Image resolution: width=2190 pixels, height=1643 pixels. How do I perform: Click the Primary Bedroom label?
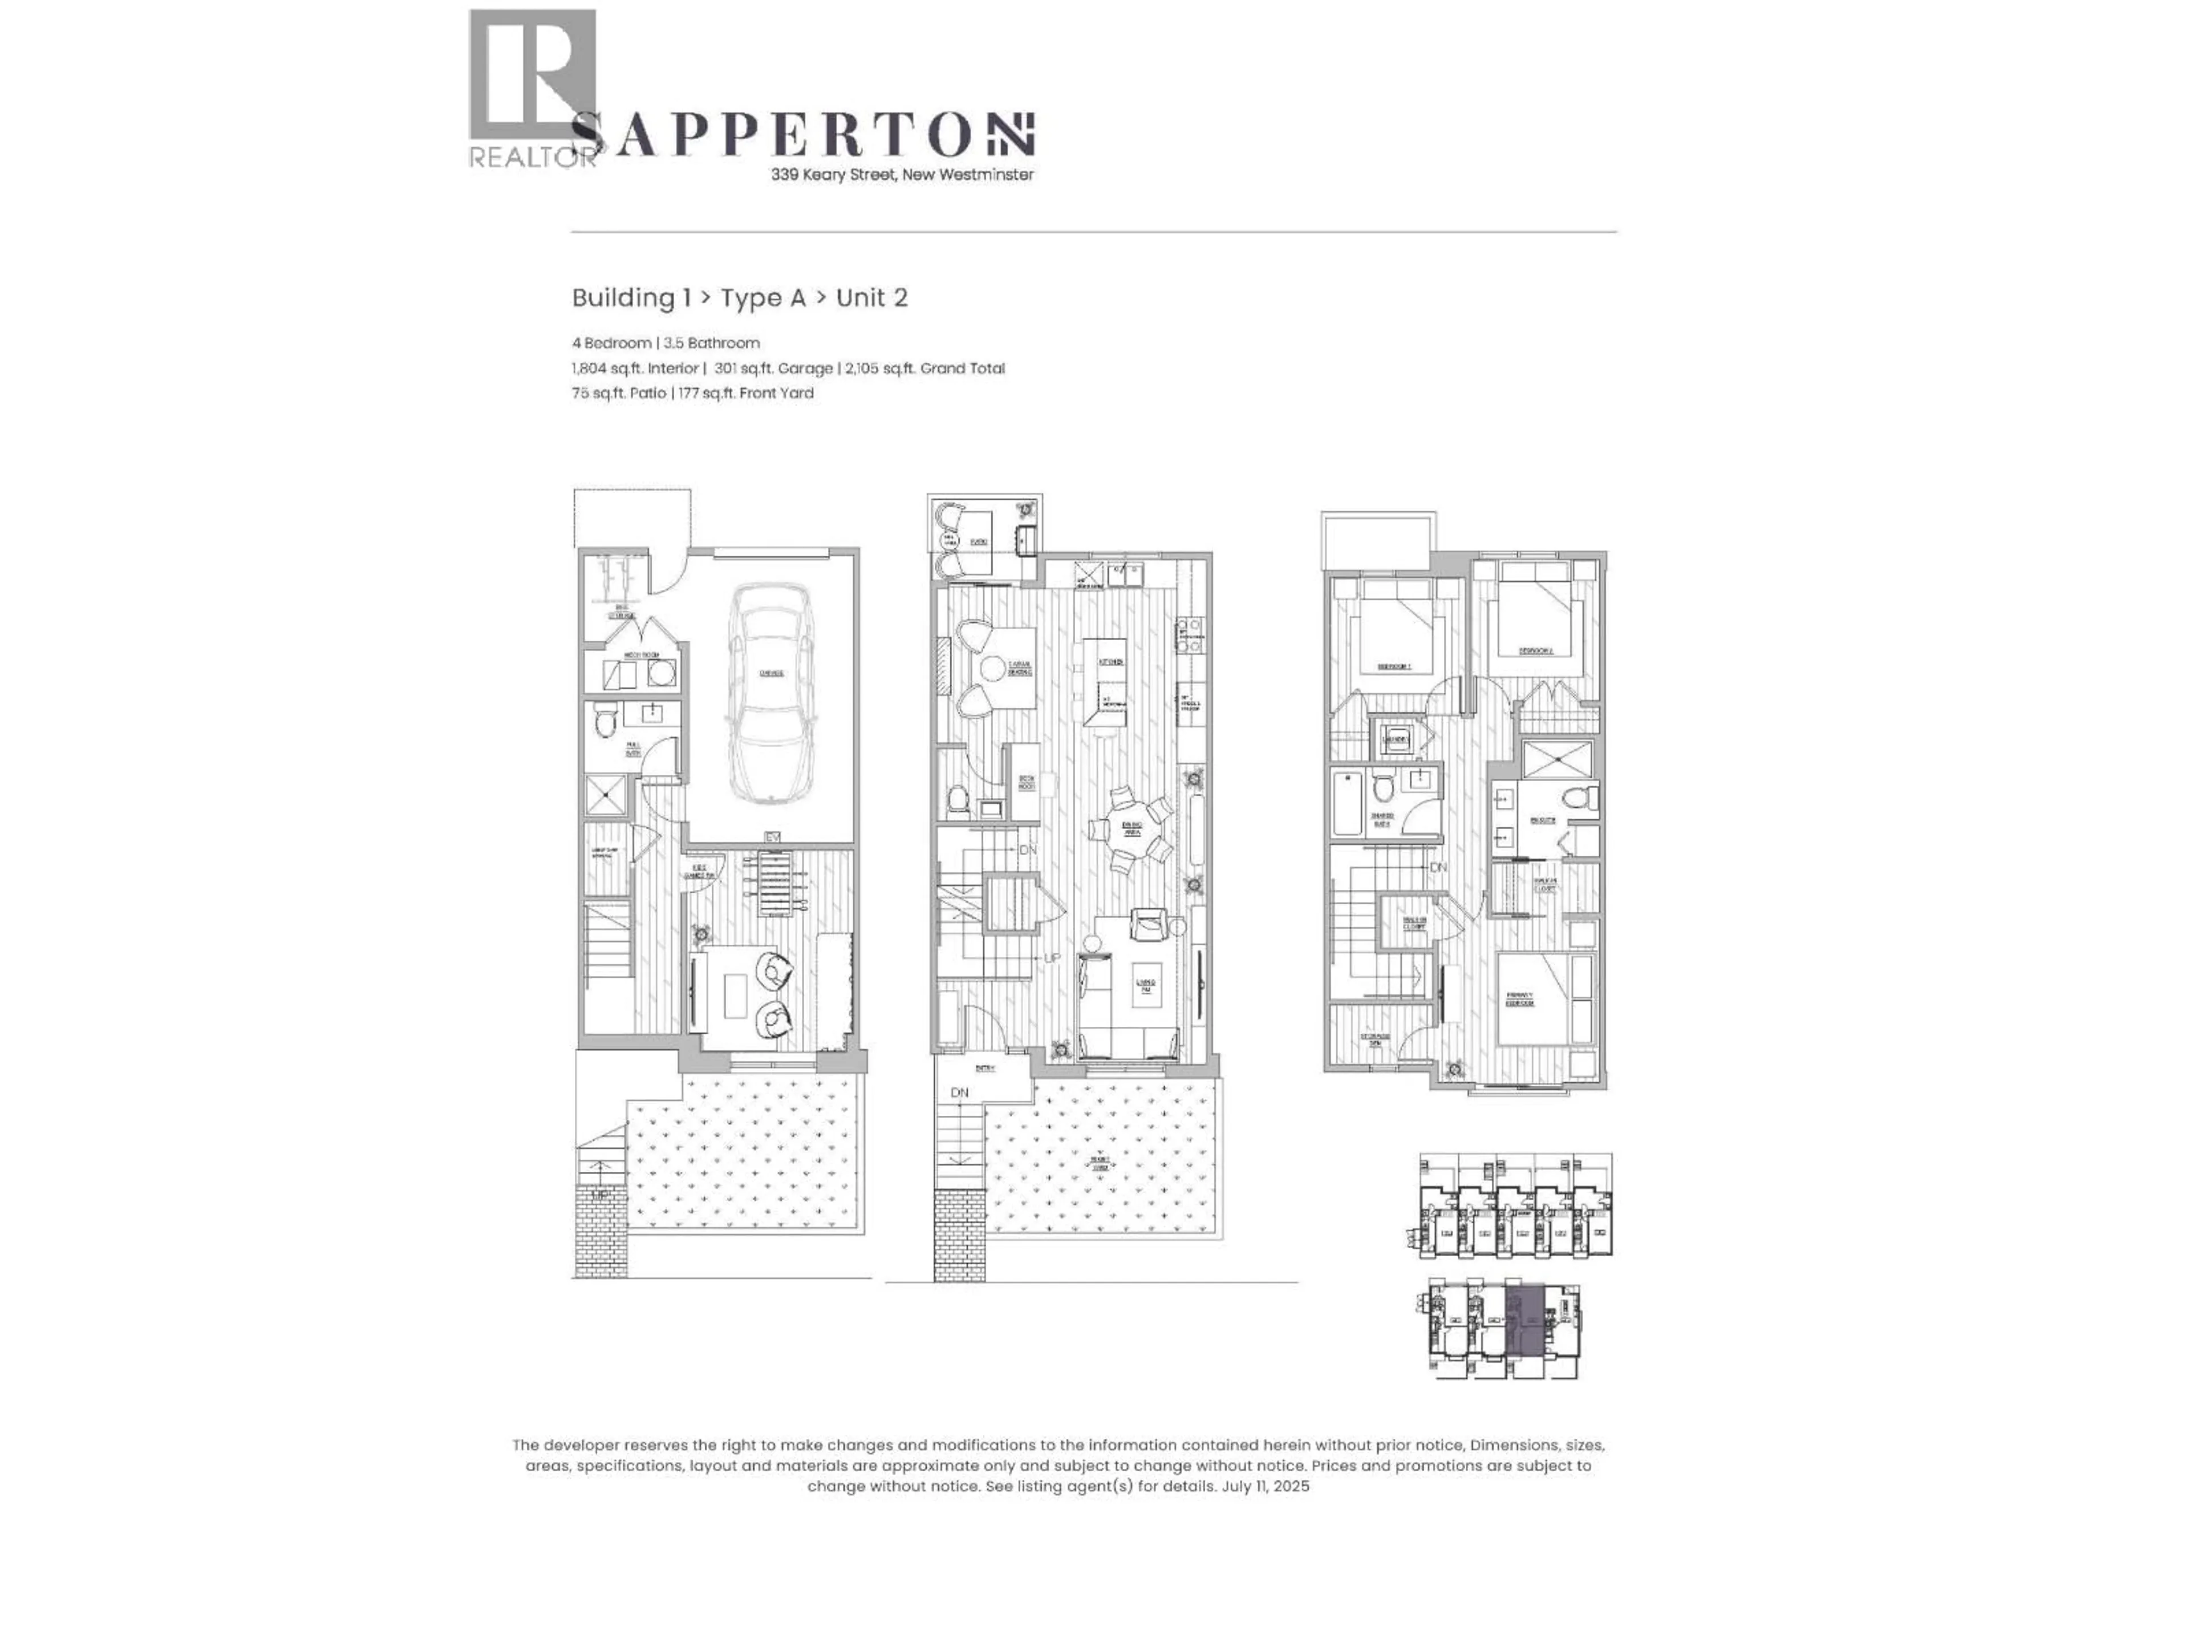point(1520,998)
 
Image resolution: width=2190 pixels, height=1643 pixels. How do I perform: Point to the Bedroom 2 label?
point(1536,651)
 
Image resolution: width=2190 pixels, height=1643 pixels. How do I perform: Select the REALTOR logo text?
point(533,156)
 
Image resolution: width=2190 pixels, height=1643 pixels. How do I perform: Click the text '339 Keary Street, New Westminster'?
point(902,175)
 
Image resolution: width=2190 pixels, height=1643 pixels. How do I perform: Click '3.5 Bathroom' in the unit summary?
point(712,343)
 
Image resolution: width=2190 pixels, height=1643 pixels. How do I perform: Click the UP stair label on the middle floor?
point(1052,958)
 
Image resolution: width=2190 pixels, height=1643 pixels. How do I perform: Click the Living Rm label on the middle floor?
point(1146,985)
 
